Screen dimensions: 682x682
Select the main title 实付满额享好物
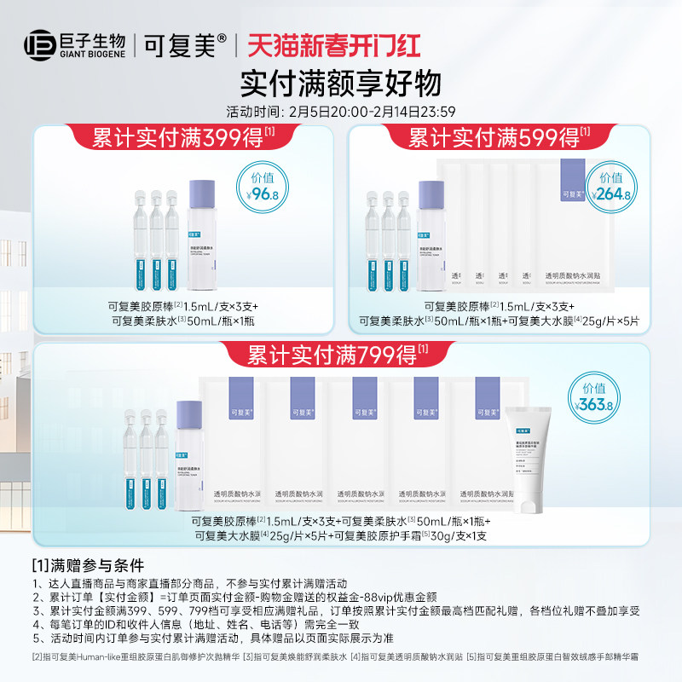tap(341, 84)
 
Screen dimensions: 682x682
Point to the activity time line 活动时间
tap(341, 111)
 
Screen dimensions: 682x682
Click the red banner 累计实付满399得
tap(182, 137)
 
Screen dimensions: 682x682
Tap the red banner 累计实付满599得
tap(500, 137)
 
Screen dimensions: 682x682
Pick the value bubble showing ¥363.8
tap(593, 400)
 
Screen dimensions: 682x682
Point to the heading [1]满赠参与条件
tap(88, 564)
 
